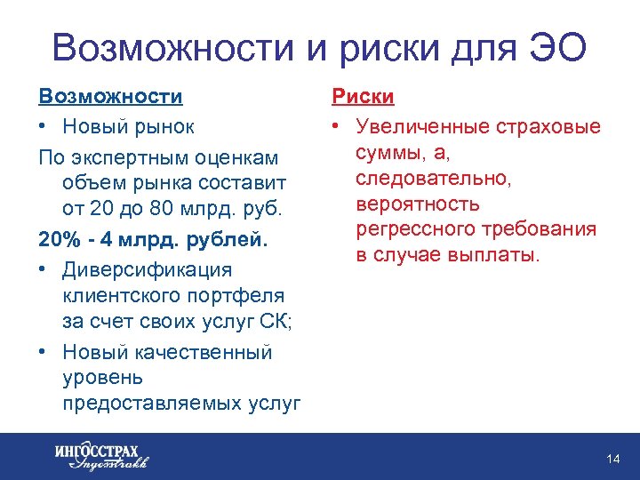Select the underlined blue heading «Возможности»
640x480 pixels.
[110, 95]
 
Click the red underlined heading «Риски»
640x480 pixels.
[363, 96]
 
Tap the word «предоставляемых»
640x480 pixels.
[152, 403]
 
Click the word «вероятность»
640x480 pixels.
[417, 204]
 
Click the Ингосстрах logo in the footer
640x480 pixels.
[100, 456]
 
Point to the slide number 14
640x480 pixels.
[612, 459]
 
